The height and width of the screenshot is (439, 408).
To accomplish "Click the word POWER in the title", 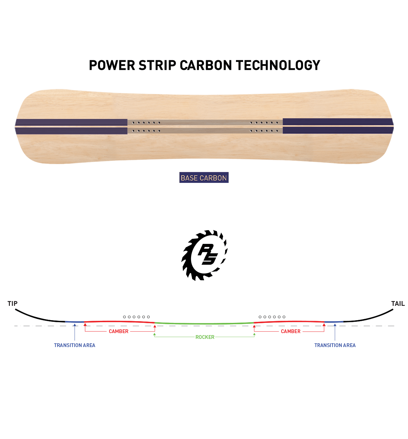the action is [112, 65].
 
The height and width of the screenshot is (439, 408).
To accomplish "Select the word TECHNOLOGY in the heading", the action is [278, 65].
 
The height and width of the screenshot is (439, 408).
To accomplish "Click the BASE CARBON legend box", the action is [204, 177].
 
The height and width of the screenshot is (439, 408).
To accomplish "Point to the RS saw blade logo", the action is [204, 255].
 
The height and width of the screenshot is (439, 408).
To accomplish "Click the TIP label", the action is [12, 303].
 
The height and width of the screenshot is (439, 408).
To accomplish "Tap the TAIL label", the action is [398, 303].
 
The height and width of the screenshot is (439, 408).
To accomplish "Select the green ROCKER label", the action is [205, 337].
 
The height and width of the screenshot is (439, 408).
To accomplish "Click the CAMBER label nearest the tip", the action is [119, 331].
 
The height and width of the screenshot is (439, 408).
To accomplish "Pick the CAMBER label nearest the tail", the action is [291, 331].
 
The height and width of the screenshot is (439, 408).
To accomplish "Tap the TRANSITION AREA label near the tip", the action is [74, 345].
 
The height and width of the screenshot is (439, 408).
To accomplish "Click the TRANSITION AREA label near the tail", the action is [335, 345].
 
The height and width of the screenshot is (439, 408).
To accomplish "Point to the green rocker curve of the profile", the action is [204, 324].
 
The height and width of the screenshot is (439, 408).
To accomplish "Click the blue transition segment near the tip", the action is [74, 322].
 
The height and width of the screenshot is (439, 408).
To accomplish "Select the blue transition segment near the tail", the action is [334, 322].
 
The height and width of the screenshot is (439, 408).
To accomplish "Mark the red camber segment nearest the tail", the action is [289, 322].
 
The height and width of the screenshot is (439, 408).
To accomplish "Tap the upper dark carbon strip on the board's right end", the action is [338, 122].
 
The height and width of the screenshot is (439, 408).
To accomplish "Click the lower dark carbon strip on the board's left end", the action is [71, 131].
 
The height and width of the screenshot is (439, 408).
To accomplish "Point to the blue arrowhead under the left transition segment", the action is [74, 325].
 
